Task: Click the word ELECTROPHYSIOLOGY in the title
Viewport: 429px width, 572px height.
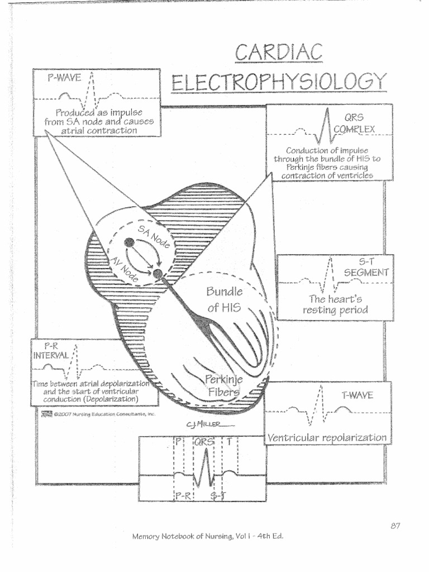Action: (x=279, y=83)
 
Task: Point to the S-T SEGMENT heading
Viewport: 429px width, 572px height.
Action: (x=366, y=267)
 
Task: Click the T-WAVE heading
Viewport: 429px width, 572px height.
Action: (x=357, y=395)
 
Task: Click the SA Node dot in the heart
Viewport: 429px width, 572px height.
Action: (x=129, y=242)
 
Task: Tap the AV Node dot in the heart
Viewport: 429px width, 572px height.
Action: (x=158, y=274)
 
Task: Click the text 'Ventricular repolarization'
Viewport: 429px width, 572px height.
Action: (x=327, y=437)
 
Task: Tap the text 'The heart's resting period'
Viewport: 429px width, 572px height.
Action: (x=335, y=304)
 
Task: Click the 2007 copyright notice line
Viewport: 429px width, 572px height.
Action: (x=100, y=414)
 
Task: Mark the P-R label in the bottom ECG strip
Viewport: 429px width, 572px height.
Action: (x=183, y=494)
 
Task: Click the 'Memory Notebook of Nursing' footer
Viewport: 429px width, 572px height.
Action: (x=208, y=536)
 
